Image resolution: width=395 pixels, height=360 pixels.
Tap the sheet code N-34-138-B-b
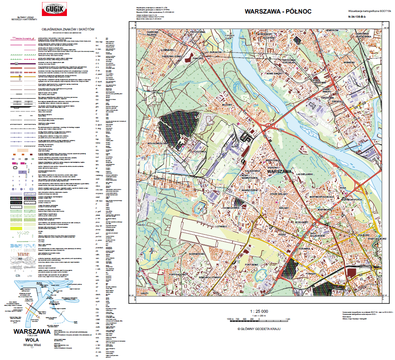pos(359,17)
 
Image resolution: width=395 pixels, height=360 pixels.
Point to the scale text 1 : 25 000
pos(259,311)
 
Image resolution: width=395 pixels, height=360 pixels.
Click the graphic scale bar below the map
pos(259,319)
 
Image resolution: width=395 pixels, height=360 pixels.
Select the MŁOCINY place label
pos(227,105)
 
